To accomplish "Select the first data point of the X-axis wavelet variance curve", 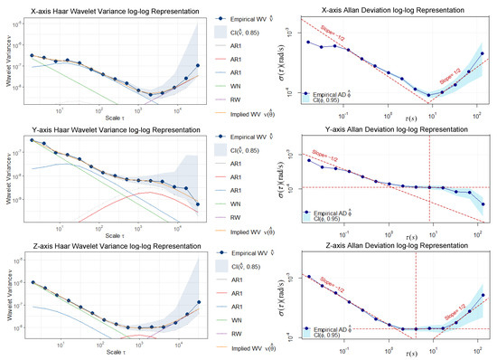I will point(32,55).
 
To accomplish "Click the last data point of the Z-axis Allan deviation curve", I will point(483,296).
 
